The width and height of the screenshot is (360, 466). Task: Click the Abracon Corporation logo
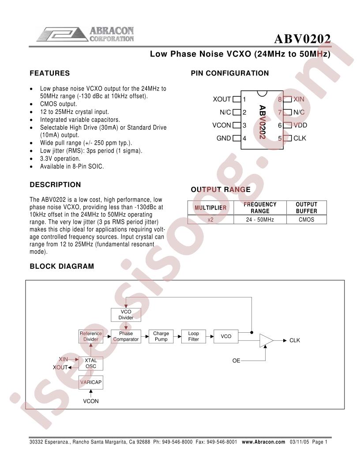pos(85,34)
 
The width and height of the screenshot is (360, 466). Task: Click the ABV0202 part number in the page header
pos(302,39)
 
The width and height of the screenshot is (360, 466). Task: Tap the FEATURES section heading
pos(49,73)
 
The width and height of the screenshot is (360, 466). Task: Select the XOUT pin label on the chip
pos(221,99)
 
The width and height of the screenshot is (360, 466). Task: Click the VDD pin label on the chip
pos(300,125)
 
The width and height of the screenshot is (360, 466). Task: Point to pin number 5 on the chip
pos(280,139)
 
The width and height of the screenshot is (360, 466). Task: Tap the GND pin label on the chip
pos(224,138)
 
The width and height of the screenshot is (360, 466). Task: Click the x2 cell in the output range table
pos(210,220)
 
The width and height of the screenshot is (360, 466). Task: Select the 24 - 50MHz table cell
pos(260,220)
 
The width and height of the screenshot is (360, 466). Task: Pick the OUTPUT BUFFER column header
pos(306,208)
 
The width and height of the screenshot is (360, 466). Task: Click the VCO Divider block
pos(126,315)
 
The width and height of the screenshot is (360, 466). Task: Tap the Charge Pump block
pos(161,336)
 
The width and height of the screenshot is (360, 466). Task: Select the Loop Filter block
pos(193,336)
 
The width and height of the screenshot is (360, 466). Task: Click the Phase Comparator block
pos(126,336)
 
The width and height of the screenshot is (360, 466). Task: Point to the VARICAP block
pos(91,383)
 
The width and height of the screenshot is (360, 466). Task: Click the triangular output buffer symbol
pos(266,340)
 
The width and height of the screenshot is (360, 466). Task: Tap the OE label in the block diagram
pos(236,361)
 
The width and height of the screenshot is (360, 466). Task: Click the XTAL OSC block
pos(91,364)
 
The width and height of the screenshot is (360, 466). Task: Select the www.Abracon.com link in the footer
pos(263,442)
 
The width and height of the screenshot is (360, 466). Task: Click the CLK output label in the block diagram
pos(295,340)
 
